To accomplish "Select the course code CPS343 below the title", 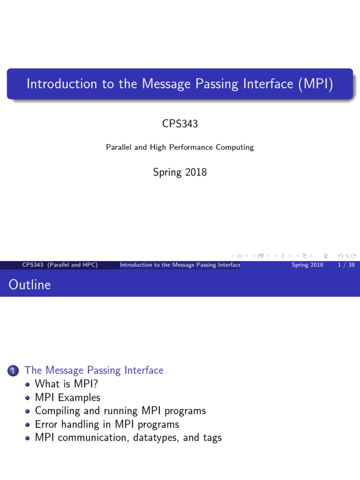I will pos(180,125).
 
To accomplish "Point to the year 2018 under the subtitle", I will pos(195,172).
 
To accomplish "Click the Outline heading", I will pos(30,285).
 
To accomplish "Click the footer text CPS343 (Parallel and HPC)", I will pos(60,265).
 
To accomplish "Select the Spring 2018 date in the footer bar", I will pos(307,265).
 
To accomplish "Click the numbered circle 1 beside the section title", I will pos(13,371).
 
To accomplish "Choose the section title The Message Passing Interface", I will pos(94,370).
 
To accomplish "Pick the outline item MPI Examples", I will pos(67,397).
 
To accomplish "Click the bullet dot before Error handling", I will pos(27,425).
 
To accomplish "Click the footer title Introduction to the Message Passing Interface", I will pos(180,265).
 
